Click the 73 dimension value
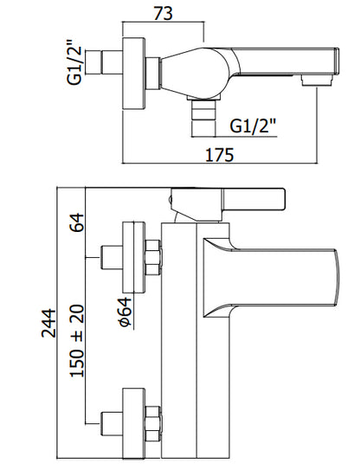click(x=164, y=13)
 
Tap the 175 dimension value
click(x=219, y=155)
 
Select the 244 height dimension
click(x=48, y=324)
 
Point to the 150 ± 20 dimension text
click(x=77, y=341)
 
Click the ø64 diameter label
click(x=125, y=312)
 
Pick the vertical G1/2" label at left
click(x=74, y=61)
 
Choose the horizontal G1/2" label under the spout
click(x=252, y=126)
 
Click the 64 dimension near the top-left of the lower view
click(x=77, y=222)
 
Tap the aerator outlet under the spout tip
click(x=318, y=81)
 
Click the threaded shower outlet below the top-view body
click(x=203, y=118)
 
